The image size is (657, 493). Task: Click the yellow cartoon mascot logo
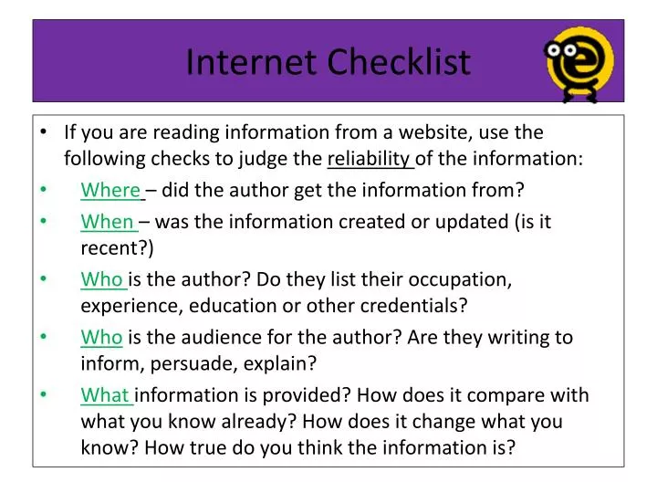point(579,60)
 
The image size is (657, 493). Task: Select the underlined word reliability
point(370,159)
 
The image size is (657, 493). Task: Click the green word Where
point(110,191)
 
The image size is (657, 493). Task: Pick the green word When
point(108,222)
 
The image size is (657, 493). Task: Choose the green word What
point(107,395)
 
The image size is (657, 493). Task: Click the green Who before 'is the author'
point(101,278)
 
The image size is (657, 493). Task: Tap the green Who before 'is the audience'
point(101,338)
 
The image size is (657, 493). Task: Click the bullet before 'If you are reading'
point(45,133)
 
